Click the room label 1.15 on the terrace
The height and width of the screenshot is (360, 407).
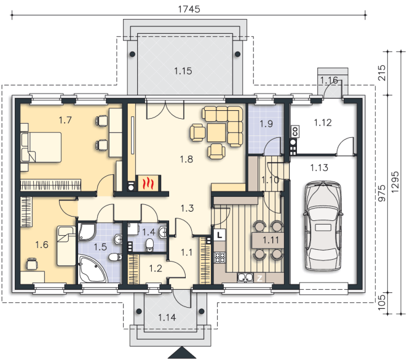click(x=183, y=71)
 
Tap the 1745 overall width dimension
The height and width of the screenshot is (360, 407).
click(x=189, y=9)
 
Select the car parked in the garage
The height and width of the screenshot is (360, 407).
click(x=323, y=226)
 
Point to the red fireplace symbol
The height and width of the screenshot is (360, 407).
click(x=148, y=183)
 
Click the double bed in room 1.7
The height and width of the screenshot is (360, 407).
click(x=42, y=147)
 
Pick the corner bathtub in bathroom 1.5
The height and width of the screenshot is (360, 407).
click(x=93, y=270)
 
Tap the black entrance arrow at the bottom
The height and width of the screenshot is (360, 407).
click(x=183, y=353)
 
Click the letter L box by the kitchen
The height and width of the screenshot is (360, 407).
click(x=219, y=235)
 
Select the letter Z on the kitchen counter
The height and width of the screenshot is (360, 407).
click(x=259, y=279)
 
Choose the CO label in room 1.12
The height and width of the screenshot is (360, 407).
click(x=295, y=131)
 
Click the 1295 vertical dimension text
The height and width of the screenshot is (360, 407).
click(x=395, y=182)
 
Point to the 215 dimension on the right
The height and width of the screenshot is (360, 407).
click(x=381, y=73)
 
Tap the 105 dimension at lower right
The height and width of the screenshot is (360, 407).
click(x=381, y=302)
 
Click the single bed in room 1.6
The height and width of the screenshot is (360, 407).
click(x=66, y=246)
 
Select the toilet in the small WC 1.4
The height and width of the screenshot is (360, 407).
click(x=149, y=245)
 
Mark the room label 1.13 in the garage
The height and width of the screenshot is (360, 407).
click(x=319, y=168)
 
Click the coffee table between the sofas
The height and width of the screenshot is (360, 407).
click(x=216, y=132)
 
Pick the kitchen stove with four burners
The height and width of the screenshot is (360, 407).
click(x=219, y=257)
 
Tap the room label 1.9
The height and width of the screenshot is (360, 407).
click(x=266, y=123)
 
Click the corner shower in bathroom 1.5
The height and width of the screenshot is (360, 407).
click(x=87, y=231)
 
